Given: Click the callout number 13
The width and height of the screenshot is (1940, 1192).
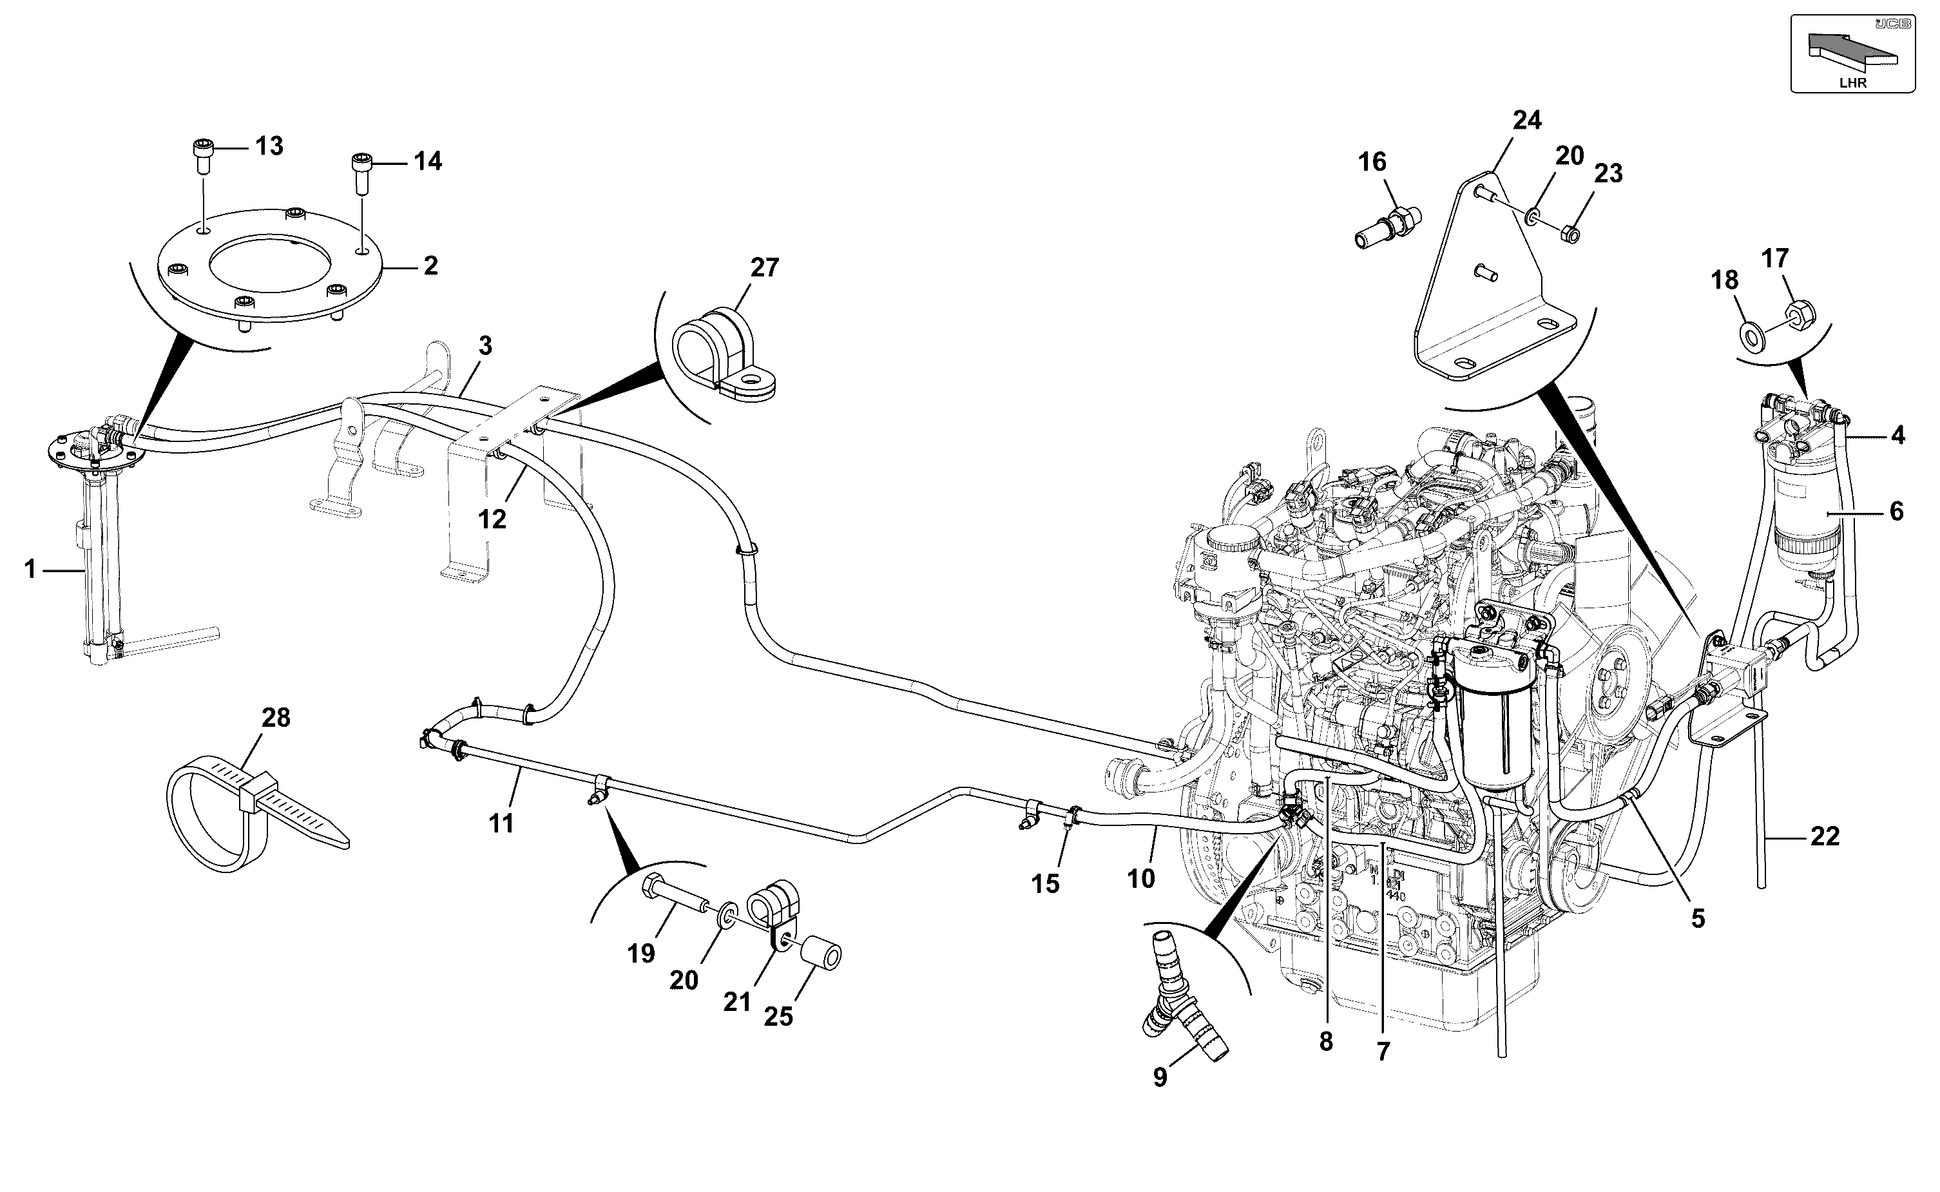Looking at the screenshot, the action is point(269,147).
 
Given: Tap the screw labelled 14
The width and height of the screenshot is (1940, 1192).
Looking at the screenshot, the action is point(360,173).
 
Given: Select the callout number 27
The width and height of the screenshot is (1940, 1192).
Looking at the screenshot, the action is point(764,268).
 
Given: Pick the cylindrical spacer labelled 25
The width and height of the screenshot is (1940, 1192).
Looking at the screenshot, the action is point(821,952).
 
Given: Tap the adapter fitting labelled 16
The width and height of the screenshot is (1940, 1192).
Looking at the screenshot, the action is point(1387,226).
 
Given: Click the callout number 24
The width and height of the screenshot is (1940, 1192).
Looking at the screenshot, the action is point(1527,121).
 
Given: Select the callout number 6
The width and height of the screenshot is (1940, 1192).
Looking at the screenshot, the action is point(1896,512).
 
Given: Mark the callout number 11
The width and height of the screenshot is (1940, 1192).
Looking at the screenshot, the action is point(501,824).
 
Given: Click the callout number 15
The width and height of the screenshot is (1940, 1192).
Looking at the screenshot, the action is point(1045,885).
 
